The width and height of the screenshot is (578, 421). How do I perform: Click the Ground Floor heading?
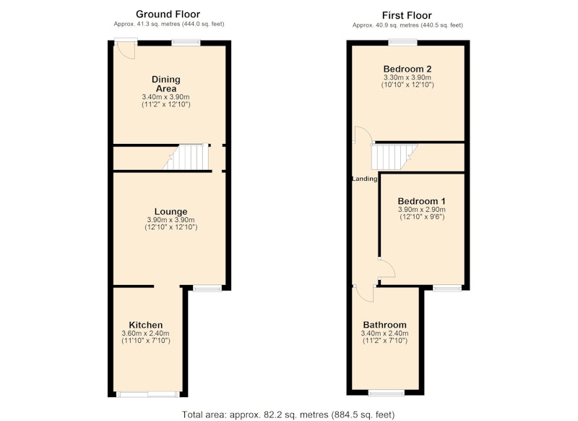pyautogui.click(x=168, y=14)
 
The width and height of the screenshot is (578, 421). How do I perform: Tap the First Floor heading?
pyautogui.click(x=407, y=15)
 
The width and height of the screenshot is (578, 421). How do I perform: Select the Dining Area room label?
pyautogui.click(x=166, y=84)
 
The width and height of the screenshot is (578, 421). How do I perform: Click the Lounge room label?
pyautogui.click(x=171, y=211)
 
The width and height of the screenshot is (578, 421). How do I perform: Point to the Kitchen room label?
pyautogui.click(x=146, y=325)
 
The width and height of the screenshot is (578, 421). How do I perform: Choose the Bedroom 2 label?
pyautogui.click(x=407, y=69)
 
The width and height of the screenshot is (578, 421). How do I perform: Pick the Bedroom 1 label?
pyautogui.click(x=421, y=201)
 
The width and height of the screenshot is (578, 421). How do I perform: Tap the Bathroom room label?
pyautogui.click(x=384, y=325)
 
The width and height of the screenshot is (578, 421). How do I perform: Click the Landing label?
pyautogui.click(x=365, y=179)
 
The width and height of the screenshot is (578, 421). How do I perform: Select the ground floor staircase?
pyautogui.click(x=186, y=157)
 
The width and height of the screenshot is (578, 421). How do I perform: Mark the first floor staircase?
pyautogui.click(x=394, y=157)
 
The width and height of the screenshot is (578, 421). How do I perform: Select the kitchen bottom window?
pyautogui.click(x=148, y=394)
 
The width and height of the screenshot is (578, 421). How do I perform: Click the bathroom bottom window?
pyautogui.click(x=387, y=393)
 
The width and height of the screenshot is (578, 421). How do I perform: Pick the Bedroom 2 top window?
pyautogui.click(x=402, y=43)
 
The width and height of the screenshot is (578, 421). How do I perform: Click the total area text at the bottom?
pyautogui.click(x=288, y=414)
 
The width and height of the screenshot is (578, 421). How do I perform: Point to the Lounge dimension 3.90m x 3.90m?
pyautogui.click(x=171, y=220)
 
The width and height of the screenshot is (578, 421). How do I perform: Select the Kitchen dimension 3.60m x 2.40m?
pyautogui.click(x=146, y=333)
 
